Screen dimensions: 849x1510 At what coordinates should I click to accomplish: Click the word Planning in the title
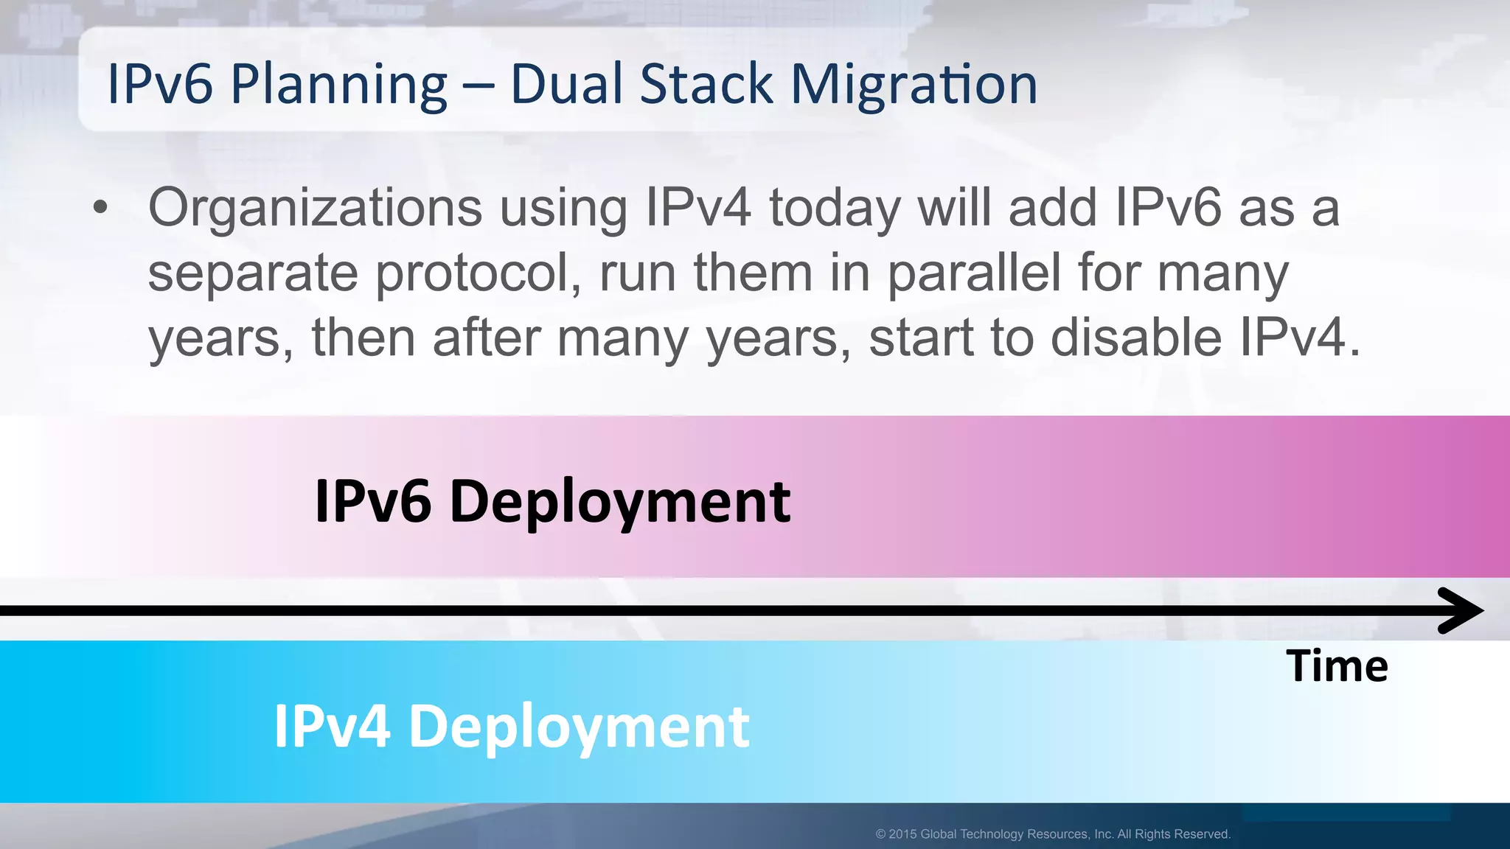click(338, 85)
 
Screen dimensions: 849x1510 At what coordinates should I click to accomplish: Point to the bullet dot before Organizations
click(101, 209)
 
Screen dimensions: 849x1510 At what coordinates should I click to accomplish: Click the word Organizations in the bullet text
click(315, 209)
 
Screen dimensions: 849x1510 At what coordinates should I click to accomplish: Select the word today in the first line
click(835, 209)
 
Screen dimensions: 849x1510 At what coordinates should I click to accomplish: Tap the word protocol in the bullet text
click(478, 273)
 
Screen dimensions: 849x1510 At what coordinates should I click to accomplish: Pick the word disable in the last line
click(1136, 338)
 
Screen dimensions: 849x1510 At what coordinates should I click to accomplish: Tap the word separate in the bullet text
click(253, 273)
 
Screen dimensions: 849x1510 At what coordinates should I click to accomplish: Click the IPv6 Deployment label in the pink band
click(552, 501)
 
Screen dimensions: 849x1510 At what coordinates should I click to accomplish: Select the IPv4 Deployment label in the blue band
click(512, 727)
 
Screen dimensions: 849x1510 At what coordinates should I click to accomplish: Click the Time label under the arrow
click(1337, 666)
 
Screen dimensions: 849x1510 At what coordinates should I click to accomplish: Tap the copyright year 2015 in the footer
click(902, 834)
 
